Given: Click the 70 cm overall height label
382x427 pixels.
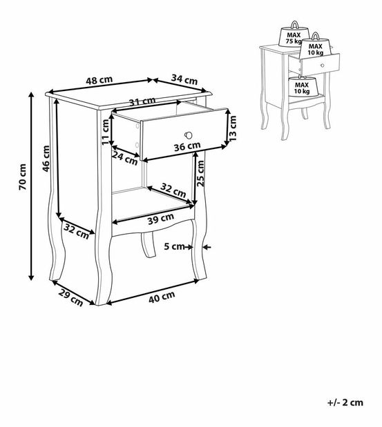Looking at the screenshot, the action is click(23, 177).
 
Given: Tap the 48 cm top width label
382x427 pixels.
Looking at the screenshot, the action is click(99, 80).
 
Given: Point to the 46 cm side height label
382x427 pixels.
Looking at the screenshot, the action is click(46, 159).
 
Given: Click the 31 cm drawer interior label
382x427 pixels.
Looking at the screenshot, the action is click(142, 101).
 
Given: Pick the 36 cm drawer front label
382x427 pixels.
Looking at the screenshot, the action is click(187, 146).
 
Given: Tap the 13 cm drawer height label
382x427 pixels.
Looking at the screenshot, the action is click(233, 128).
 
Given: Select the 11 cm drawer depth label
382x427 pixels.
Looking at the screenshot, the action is click(105, 132).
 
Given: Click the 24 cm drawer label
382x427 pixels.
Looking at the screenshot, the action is click(125, 158).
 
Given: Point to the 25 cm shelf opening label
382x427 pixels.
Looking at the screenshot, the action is click(200, 173).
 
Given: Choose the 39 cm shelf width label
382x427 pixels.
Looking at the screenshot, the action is click(161, 219).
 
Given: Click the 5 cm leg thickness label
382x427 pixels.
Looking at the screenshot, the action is click(175, 246).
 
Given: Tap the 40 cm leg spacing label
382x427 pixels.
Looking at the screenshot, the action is click(162, 297).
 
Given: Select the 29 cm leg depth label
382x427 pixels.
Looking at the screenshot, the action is click(70, 297).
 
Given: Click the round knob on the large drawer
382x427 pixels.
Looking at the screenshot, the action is click(189, 135).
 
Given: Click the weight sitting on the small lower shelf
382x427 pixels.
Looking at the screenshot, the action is click(303, 86).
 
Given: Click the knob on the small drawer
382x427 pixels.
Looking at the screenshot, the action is click(323, 66).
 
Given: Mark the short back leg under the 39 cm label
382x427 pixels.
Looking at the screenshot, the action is click(149, 244).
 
